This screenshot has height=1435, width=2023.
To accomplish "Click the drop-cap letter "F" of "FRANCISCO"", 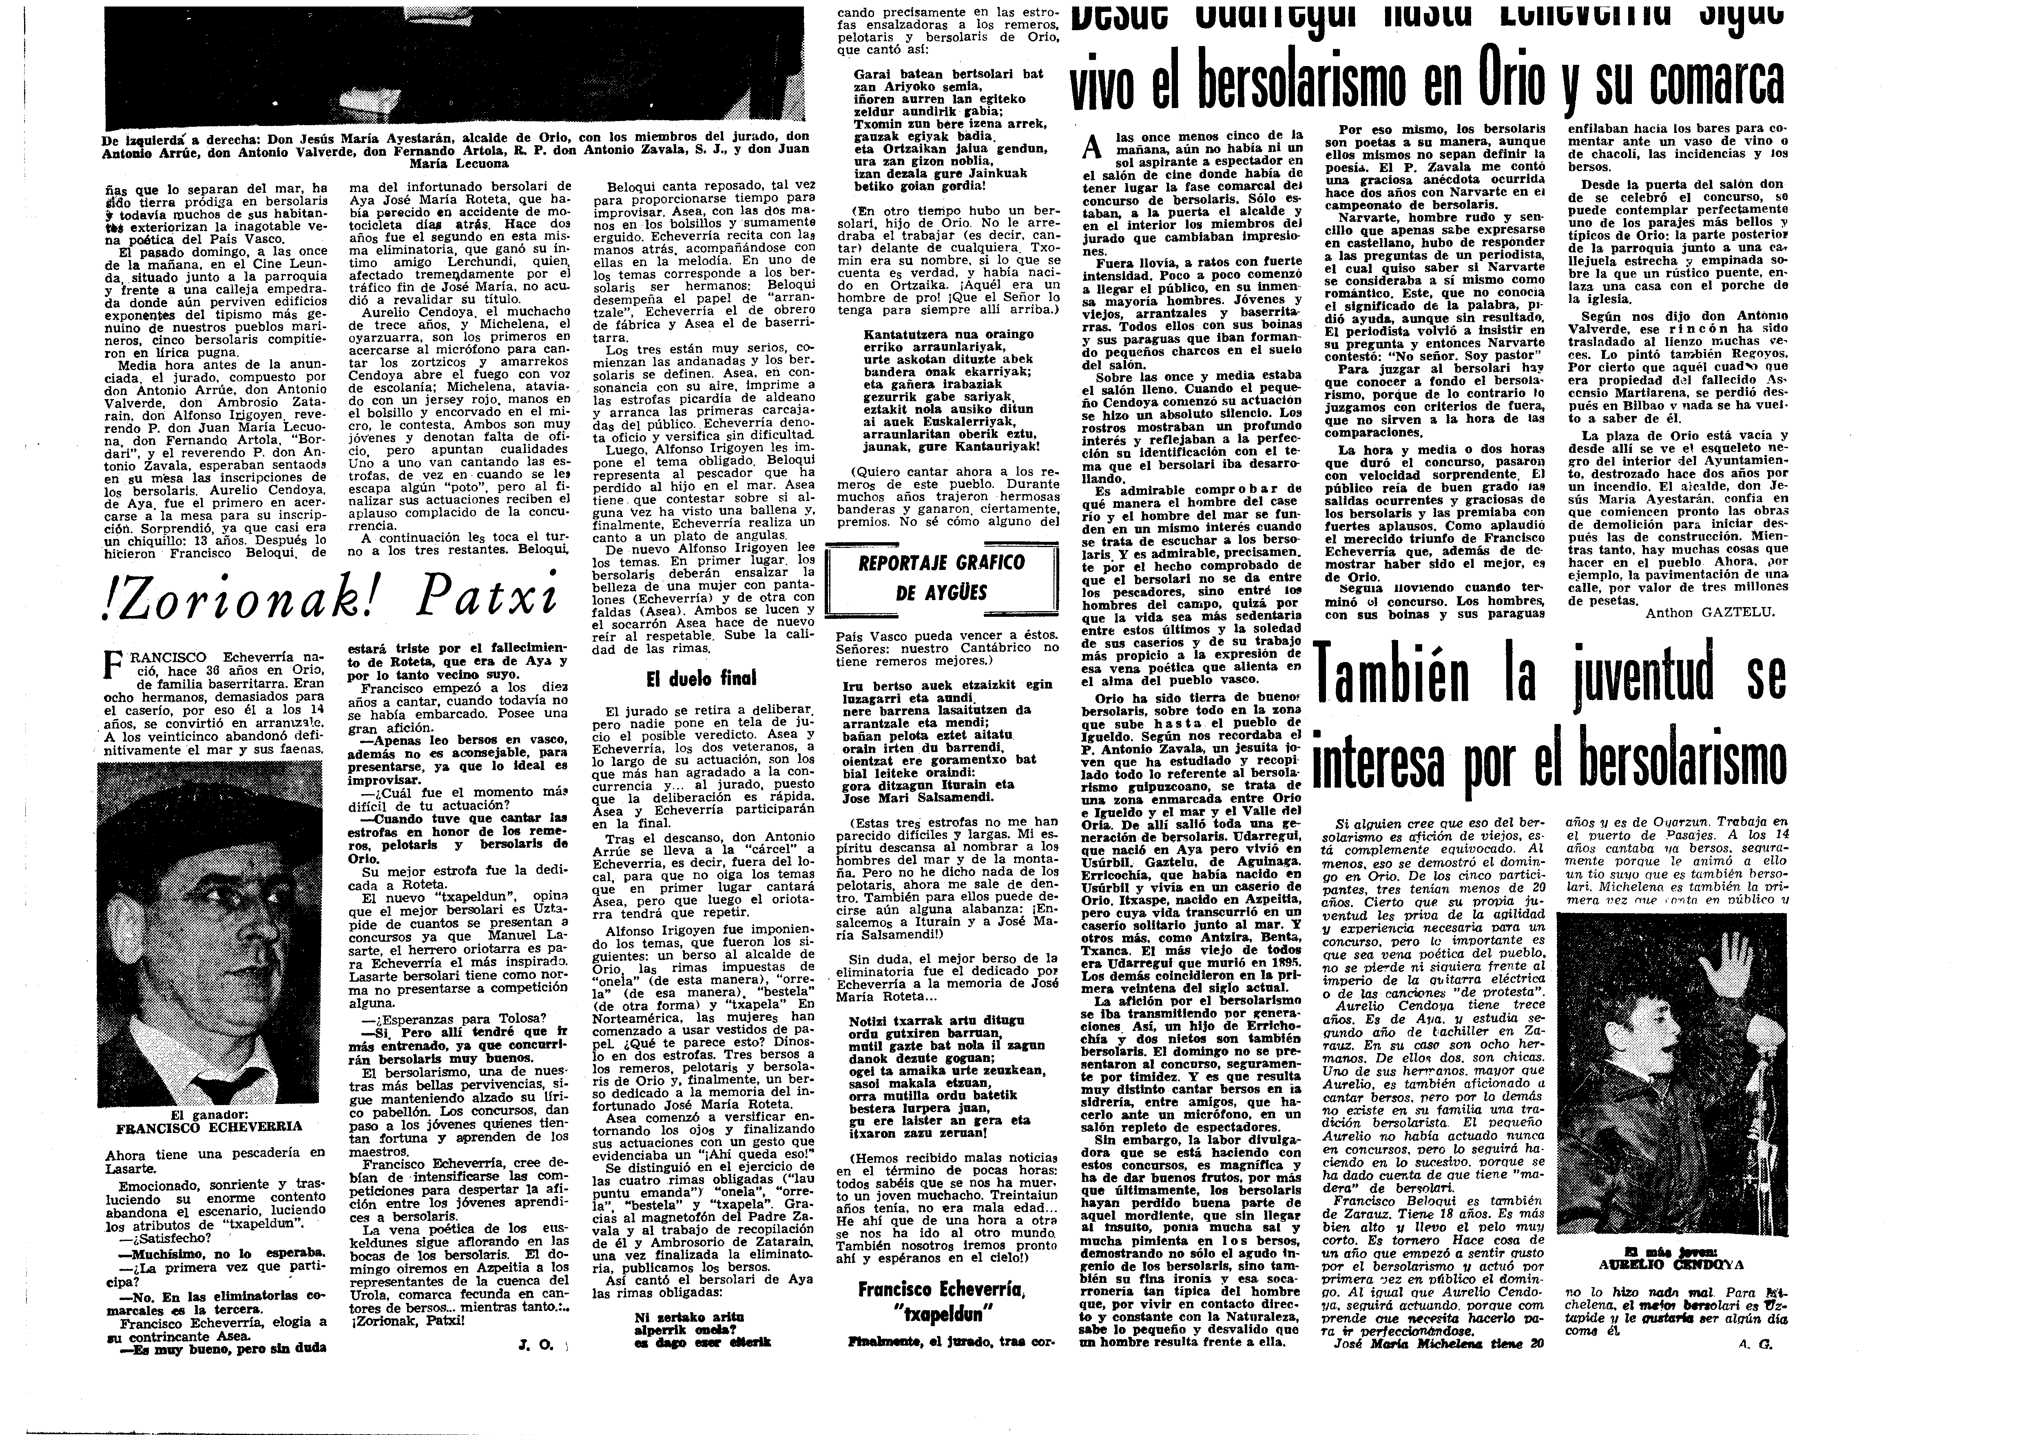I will click(112, 665).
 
